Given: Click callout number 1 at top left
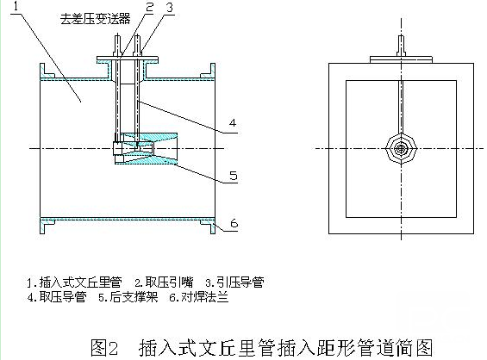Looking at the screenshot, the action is (16, 5).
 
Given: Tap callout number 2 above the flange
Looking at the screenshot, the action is (150, 7).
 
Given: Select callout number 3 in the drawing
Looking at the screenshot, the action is (170, 7).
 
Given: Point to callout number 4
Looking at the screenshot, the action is (233, 123).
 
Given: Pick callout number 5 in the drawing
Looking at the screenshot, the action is (234, 176).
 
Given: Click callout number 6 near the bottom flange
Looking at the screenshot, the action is (234, 223).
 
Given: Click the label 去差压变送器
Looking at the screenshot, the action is (95, 19).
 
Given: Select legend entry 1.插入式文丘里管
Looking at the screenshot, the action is (74, 282).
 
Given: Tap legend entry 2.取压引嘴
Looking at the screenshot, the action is (164, 282).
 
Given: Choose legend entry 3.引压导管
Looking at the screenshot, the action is (234, 282).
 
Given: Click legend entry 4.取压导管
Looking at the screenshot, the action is (57, 297).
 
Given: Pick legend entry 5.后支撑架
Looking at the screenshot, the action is (128, 297).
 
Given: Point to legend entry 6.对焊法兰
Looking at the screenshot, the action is (199, 297).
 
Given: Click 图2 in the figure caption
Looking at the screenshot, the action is (104, 348).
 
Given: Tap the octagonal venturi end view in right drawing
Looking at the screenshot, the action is (401, 149).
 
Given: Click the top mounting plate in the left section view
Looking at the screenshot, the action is (128, 58).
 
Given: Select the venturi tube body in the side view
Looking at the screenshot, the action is (146, 148).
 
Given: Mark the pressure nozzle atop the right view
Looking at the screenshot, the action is (401, 46).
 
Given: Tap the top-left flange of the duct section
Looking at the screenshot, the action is (47, 71).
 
